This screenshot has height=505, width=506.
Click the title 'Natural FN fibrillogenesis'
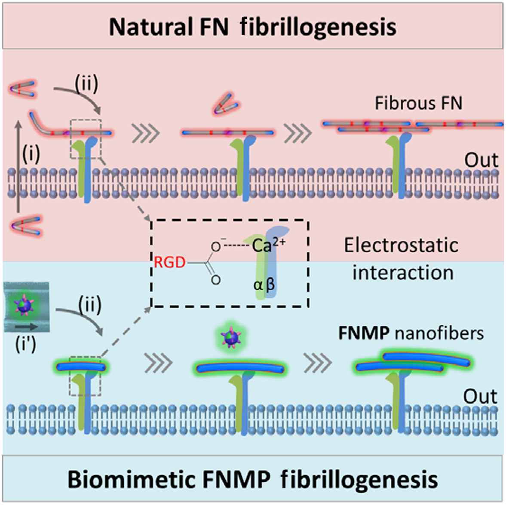click(x=252, y=27)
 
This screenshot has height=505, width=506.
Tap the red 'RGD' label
click(x=169, y=262)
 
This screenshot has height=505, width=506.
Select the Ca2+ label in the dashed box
click(x=268, y=245)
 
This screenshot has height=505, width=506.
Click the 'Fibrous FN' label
click(x=418, y=103)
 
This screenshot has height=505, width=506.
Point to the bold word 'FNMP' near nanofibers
click(x=364, y=333)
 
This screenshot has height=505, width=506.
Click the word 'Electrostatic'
click(x=401, y=245)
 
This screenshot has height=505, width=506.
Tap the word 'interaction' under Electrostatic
click(x=403, y=272)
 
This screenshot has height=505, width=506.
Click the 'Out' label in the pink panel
click(x=481, y=160)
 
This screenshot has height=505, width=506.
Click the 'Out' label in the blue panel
click(x=480, y=396)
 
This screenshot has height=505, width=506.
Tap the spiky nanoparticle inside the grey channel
click(x=25, y=304)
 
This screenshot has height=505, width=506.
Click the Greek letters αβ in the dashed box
click(x=264, y=285)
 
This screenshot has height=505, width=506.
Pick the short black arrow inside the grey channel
click(x=27, y=327)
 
